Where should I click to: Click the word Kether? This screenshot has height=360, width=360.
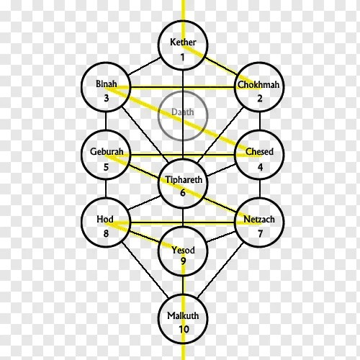click(x=183, y=42)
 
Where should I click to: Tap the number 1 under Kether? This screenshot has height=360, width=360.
click(x=183, y=58)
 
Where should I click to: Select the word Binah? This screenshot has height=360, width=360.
click(x=107, y=84)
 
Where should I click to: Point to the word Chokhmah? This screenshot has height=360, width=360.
click(x=258, y=84)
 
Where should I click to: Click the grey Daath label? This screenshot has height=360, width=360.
click(x=183, y=112)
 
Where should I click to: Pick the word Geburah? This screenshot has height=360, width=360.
click(x=107, y=151)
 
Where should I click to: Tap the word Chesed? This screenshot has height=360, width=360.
click(x=259, y=151)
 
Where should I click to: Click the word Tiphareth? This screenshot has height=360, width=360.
click(x=184, y=179)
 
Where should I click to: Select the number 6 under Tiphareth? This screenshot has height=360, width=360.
click(x=183, y=192)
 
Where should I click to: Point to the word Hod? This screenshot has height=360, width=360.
click(x=105, y=219)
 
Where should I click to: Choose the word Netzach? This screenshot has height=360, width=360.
click(x=259, y=219)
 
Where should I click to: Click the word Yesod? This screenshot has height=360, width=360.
click(x=183, y=250)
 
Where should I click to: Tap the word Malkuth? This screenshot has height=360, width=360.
click(x=183, y=315)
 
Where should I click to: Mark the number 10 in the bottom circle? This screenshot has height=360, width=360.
click(x=184, y=329)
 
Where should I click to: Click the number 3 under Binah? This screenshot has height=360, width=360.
click(x=107, y=98)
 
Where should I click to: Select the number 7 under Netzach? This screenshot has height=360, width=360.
click(x=260, y=233)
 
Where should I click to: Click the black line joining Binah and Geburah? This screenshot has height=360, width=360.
click(x=106, y=121)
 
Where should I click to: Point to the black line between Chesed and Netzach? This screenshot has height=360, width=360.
click(x=260, y=189)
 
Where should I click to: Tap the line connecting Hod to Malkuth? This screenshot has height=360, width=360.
click(x=145, y=269)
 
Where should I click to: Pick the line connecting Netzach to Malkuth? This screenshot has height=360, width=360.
click(x=220, y=270)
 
